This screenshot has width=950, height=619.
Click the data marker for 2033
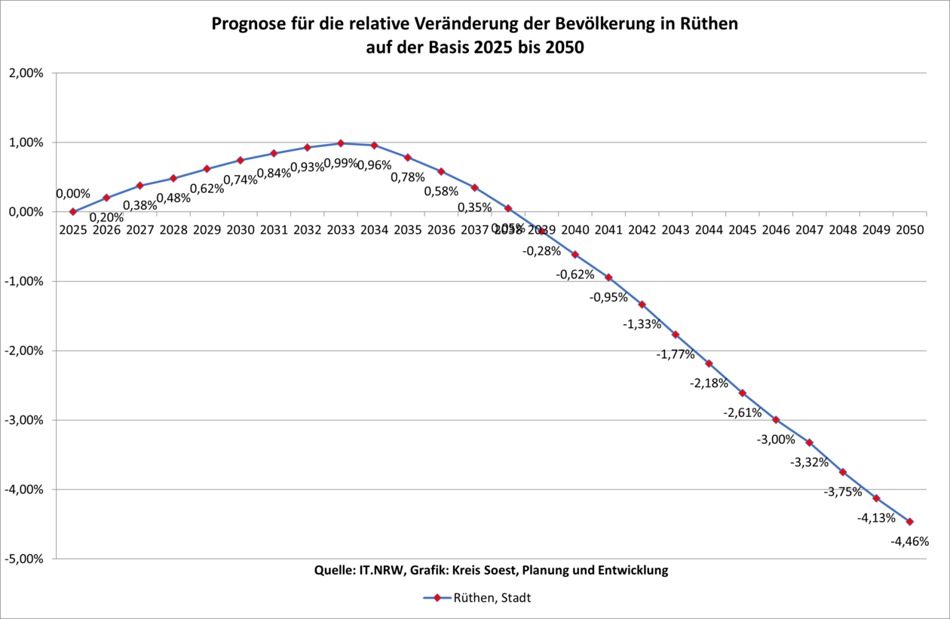click(341, 143)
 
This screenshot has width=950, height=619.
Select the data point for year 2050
click(909, 522)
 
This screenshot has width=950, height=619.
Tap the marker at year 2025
click(73, 212)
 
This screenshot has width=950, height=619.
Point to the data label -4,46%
click(910, 541)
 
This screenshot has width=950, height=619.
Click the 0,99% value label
click(341, 163)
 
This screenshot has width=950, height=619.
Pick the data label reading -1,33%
click(642, 324)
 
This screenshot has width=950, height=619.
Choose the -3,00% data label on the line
click(776, 440)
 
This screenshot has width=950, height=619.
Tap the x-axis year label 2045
click(742, 230)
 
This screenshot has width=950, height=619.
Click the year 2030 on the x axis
click(241, 230)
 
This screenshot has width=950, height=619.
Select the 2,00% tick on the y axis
click(27, 73)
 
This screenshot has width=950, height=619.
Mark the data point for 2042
click(642, 305)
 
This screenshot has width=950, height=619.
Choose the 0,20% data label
click(106, 218)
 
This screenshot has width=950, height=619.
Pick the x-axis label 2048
click(842, 230)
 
